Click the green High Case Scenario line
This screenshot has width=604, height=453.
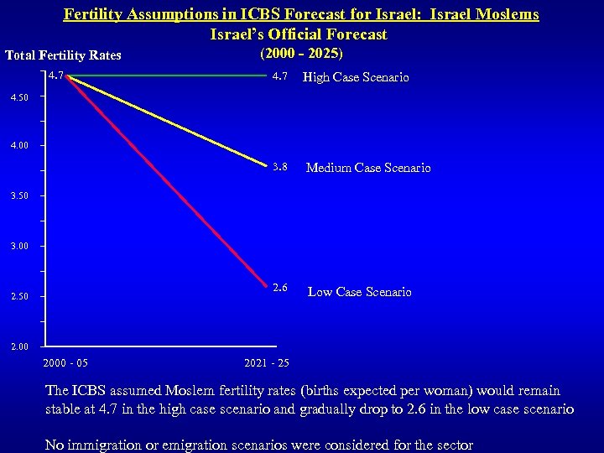click(x=168, y=75)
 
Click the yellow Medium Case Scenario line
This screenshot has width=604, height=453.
click(x=168, y=119)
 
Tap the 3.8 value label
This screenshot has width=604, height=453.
click(x=280, y=167)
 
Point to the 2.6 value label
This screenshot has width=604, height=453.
click(x=280, y=288)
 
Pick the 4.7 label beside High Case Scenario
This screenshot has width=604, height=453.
click(x=280, y=77)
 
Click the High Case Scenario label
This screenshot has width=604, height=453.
click(x=356, y=78)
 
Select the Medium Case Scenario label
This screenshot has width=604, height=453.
click(x=368, y=168)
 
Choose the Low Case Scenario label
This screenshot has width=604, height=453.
click(x=359, y=292)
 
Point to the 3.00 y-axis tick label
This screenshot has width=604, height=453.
click(x=18, y=247)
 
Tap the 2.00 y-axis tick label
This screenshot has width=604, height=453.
click(x=18, y=346)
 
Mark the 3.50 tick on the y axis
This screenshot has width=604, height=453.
click(x=18, y=196)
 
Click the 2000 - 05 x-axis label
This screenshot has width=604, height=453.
click(x=65, y=362)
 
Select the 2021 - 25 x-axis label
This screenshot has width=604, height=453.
click(x=267, y=362)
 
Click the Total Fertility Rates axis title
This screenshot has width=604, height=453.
click(x=63, y=55)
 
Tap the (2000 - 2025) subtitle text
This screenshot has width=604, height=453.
click(x=301, y=53)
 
